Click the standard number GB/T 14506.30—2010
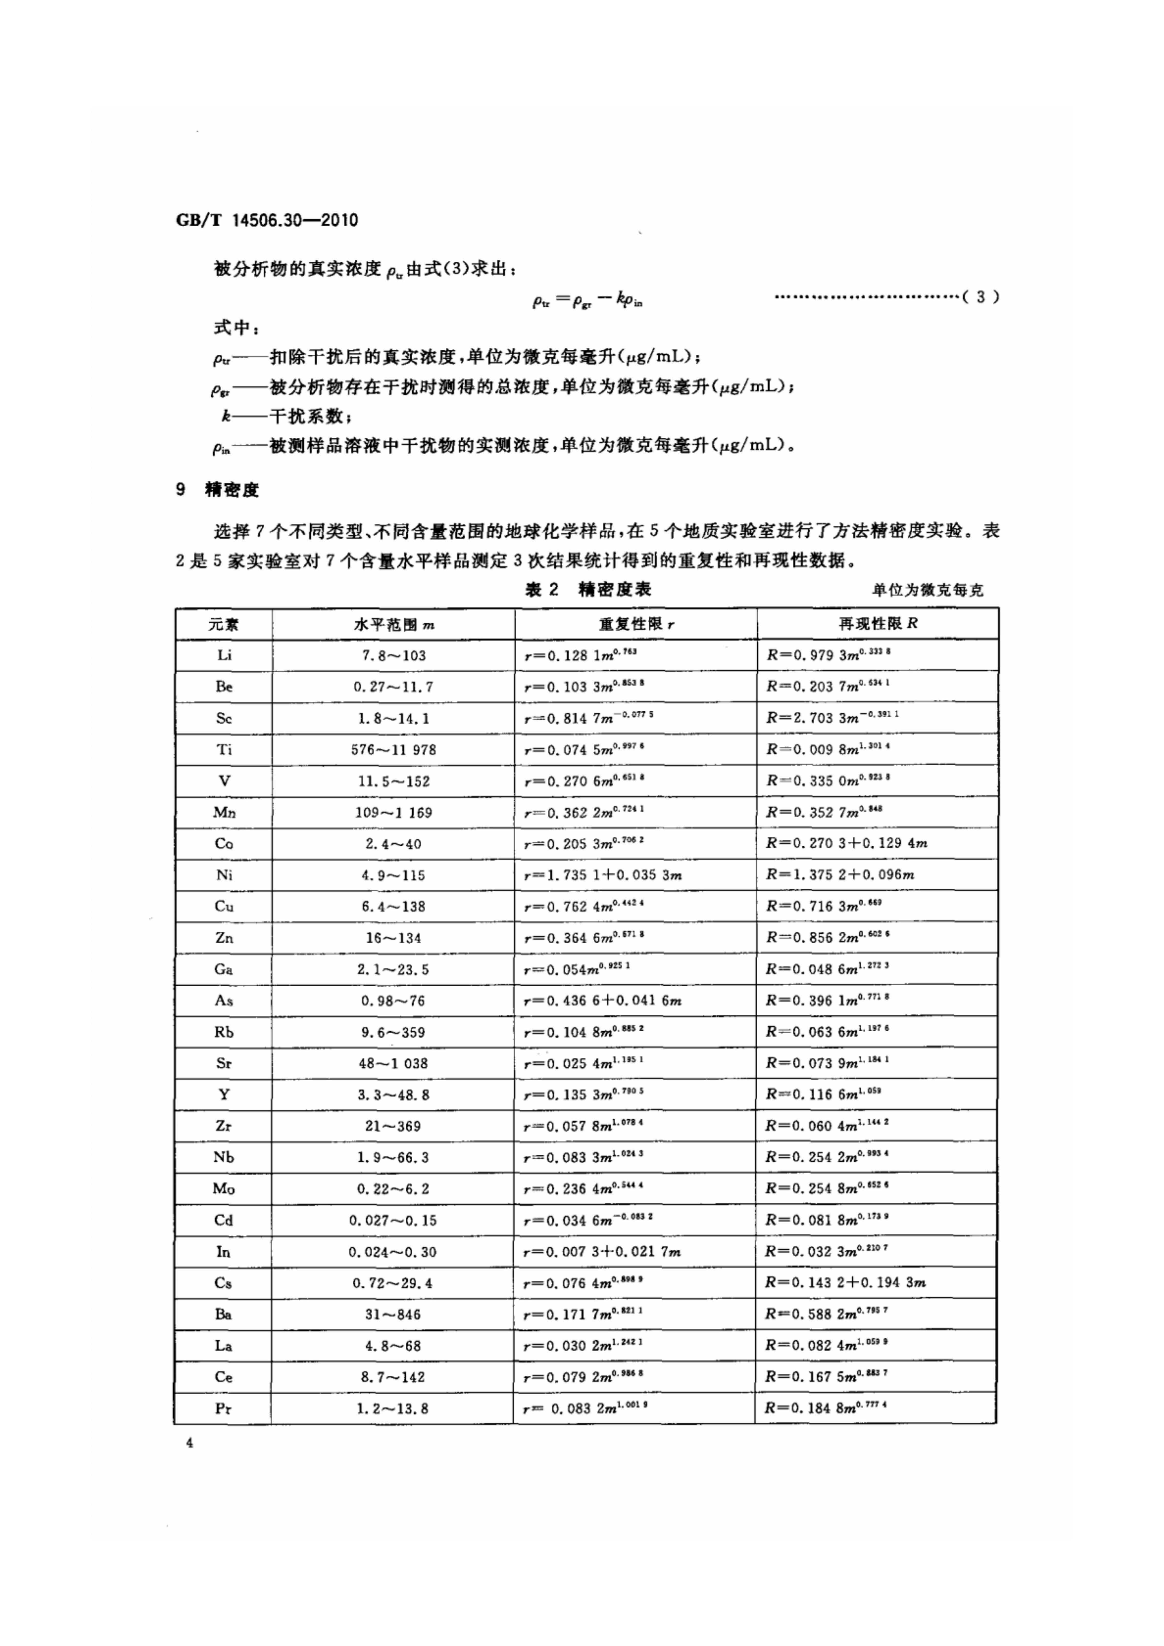[267, 220]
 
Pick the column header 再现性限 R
[878, 624]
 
